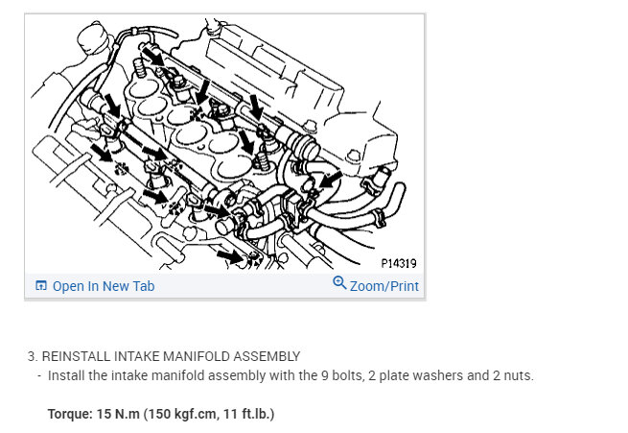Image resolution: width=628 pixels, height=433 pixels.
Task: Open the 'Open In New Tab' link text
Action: point(104,286)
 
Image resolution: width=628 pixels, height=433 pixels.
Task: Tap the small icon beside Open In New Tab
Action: point(40,286)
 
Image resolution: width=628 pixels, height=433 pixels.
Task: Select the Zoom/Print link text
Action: point(384,286)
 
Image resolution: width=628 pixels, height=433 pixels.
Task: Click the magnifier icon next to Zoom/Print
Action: point(339,283)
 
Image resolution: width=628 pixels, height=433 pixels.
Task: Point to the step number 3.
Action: point(32,356)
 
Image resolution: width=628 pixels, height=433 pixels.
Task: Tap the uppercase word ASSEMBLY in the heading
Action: point(265,356)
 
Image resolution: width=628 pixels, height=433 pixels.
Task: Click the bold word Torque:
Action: point(70,415)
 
